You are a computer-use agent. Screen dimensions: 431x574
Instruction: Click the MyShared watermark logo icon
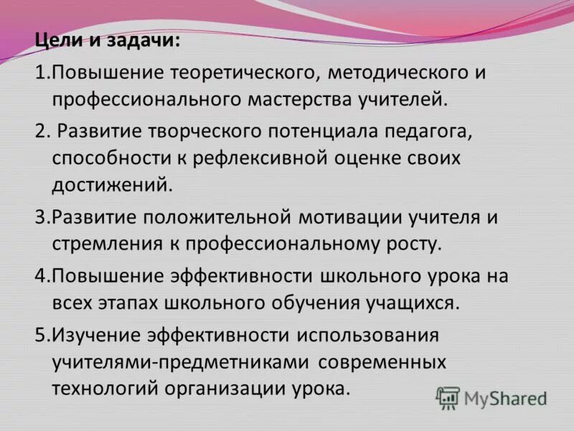pos(448,397)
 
